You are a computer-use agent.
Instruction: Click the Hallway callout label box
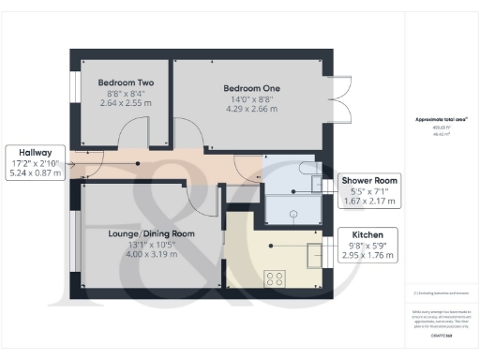37,161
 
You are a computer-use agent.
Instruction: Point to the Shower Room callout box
369,190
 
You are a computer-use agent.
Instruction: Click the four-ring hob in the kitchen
277,277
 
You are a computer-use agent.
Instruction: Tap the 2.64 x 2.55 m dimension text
125,103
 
